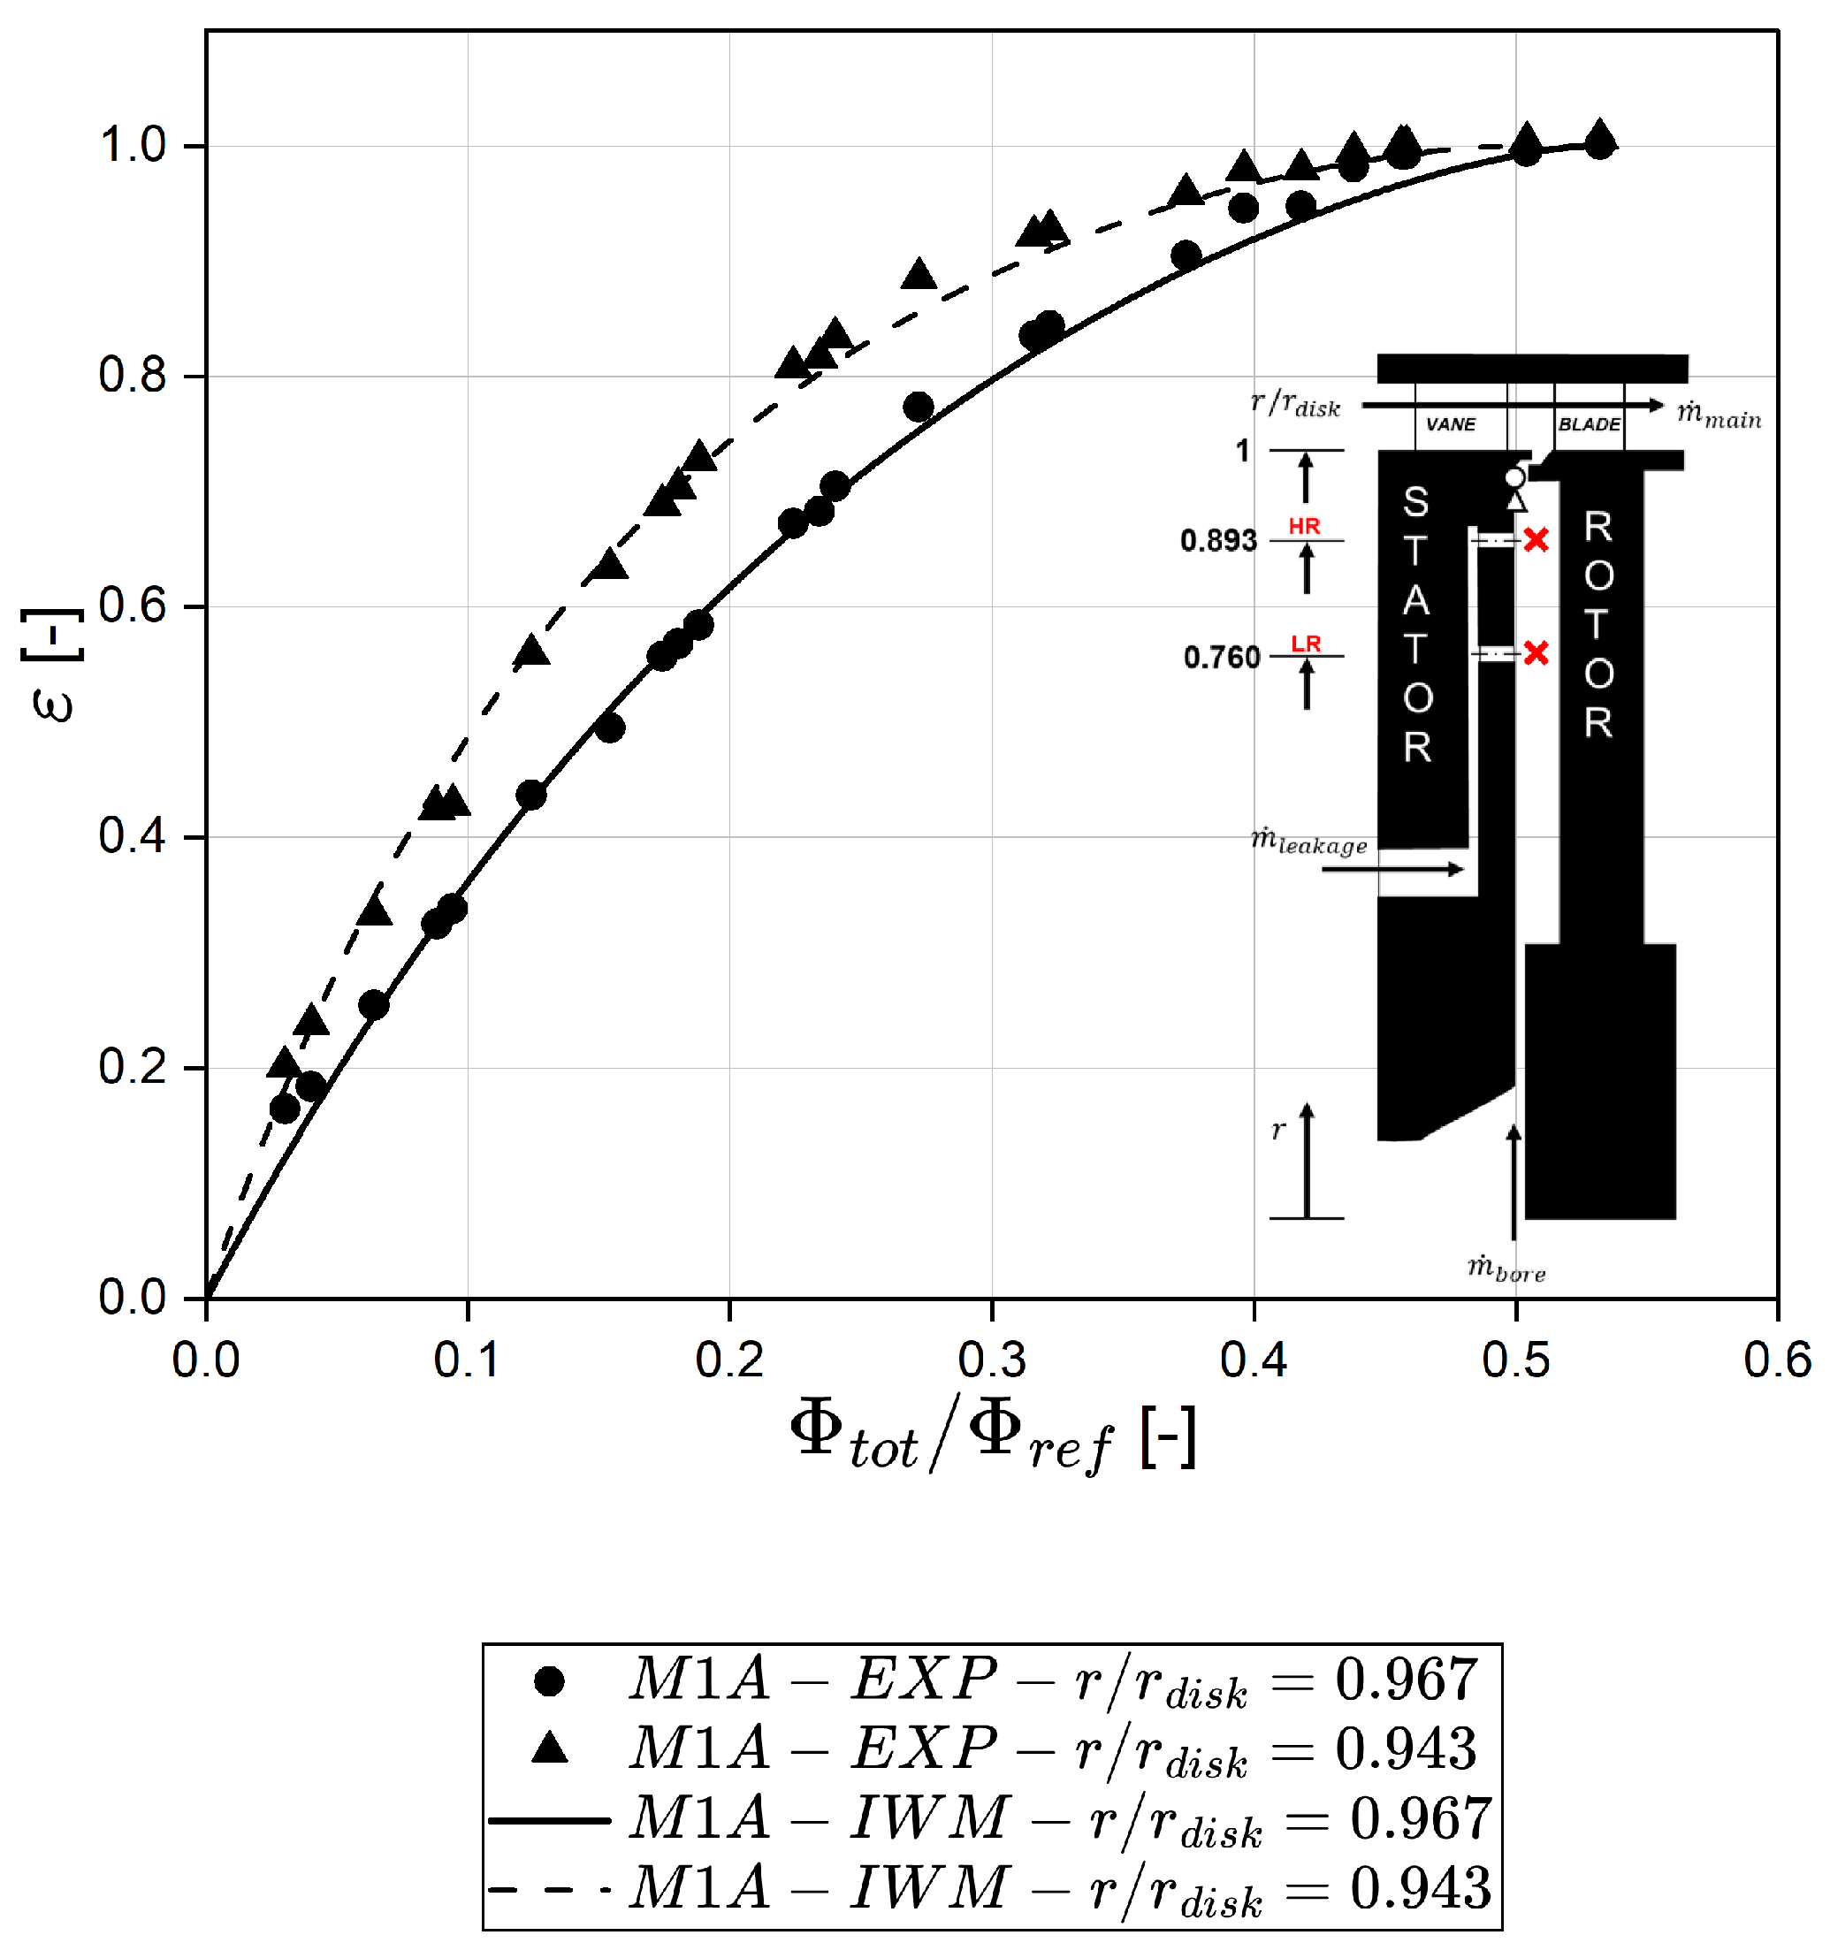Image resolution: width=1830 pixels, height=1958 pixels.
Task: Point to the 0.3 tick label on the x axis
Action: point(991,1360)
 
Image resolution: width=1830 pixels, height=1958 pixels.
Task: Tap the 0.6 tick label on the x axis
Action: point(1776,1360)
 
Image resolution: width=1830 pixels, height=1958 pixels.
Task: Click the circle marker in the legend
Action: point(549,1681)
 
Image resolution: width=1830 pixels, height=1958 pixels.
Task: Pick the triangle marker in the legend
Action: point(549,1748)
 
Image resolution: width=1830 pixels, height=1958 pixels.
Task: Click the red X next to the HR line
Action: point(1536,540)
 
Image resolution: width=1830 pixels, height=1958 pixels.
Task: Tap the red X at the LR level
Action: point(1536,653)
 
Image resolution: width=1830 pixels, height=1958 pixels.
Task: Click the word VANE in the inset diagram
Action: point(1450,424)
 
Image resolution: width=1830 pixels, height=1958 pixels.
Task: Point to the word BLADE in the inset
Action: point(1589,424)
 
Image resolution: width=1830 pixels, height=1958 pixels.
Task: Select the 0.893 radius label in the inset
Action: point(1218,541)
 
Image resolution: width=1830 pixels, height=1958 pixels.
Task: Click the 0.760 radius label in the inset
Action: point(1221,657)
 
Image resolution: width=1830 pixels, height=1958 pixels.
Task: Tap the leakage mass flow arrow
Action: point(1392,869)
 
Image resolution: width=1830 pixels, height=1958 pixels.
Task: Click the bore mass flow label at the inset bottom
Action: point(1505,1269)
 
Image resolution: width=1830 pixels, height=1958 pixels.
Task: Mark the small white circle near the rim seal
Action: point(1514,477)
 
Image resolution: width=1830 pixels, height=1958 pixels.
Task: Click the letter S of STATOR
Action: point(1415,502)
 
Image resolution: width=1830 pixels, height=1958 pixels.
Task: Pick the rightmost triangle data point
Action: point(1600,135)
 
